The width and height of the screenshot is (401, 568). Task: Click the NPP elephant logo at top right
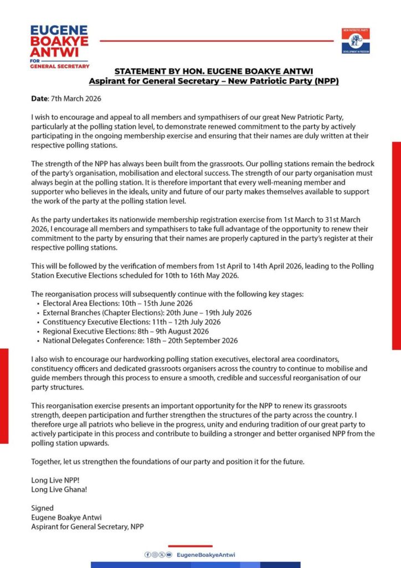(x=355, y=41)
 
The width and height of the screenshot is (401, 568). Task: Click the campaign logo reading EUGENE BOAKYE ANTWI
(x=59, y=47)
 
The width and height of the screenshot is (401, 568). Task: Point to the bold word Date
(x=40, y=98)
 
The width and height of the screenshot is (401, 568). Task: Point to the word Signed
(x=43, y=508)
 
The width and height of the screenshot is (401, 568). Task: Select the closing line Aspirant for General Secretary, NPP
(x=87, y=526)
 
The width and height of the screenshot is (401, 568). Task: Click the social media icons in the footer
(x=158, y=555)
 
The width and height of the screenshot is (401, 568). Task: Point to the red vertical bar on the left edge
(x=4, y=395)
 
